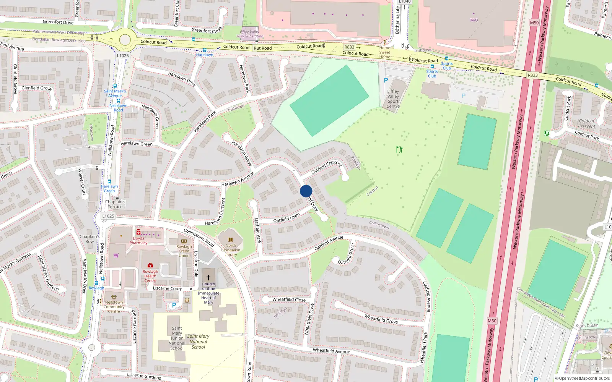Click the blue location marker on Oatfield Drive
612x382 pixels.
[306, 191]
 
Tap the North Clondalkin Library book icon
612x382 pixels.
[230, 240]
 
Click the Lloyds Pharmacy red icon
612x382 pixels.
[138, 232]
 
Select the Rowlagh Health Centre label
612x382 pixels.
[150, 276]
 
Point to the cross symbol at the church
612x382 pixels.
[208, 278]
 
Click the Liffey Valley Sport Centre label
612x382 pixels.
[393, 99]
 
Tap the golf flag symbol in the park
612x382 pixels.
[399, 149]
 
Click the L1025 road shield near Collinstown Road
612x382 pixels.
[108, 216]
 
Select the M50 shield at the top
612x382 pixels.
[534, 23]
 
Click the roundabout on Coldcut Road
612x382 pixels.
[125, 39]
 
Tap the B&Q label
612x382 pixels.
[474, 20]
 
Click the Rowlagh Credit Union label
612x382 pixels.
[184, 251]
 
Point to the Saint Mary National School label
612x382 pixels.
[198, 342]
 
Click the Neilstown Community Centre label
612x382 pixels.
[114, 307]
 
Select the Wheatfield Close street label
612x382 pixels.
[289, 299]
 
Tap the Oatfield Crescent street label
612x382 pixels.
[326, 167]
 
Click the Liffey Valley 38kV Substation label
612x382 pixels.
[250, 34]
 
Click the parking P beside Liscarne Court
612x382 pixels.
[174, 305]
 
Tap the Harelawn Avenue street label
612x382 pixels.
[238, 179]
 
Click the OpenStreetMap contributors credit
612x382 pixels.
[583, 378]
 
